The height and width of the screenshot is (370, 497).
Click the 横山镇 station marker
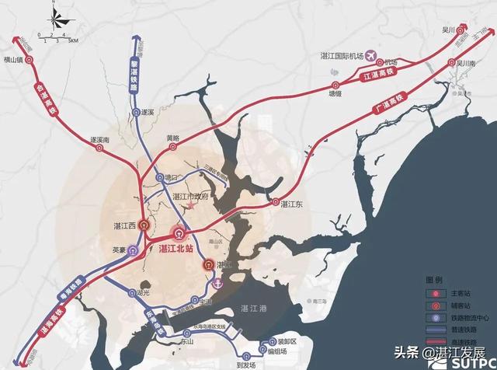point(30,58)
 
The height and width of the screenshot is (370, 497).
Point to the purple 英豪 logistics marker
point(133,250)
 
